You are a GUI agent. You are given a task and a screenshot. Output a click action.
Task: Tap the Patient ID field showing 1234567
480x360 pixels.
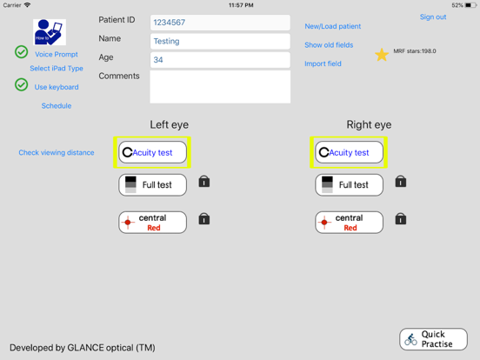click(219, 23)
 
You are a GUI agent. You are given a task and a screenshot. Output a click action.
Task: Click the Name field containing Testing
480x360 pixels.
click(219, 41)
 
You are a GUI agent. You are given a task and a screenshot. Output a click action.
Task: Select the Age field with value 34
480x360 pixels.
click(219, 60)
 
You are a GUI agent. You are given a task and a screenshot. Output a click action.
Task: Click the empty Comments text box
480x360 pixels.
click(219, 87)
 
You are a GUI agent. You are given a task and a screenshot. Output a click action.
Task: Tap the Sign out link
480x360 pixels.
click(432, 17)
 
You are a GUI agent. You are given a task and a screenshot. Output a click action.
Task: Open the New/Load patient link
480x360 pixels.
click(332, 27)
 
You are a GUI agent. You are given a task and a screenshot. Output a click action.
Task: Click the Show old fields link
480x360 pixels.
click(329, 45)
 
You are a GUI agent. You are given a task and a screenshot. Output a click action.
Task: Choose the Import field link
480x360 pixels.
click(323, 64)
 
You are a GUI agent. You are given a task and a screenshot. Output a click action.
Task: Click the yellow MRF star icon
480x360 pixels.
click(382, 55)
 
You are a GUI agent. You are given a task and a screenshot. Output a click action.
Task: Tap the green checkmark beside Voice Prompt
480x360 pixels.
click(22, 52)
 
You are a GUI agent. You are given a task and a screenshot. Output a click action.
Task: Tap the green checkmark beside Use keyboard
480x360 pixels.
click(22, 85)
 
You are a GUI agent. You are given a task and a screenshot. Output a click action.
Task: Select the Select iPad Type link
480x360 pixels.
click(57, 69)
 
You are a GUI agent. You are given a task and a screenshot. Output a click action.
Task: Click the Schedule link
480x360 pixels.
click(57, 106)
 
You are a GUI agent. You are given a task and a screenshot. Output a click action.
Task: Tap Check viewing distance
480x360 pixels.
click(57, 153)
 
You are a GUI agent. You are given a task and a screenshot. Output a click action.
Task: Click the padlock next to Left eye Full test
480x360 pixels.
click(204, 182)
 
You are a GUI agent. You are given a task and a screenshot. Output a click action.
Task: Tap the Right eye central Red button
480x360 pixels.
click(349, 223)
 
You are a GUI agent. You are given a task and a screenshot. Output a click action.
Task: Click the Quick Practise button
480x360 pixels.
click(433, 339)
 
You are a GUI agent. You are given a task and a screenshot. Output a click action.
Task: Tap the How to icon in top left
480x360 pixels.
click(50, 32)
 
